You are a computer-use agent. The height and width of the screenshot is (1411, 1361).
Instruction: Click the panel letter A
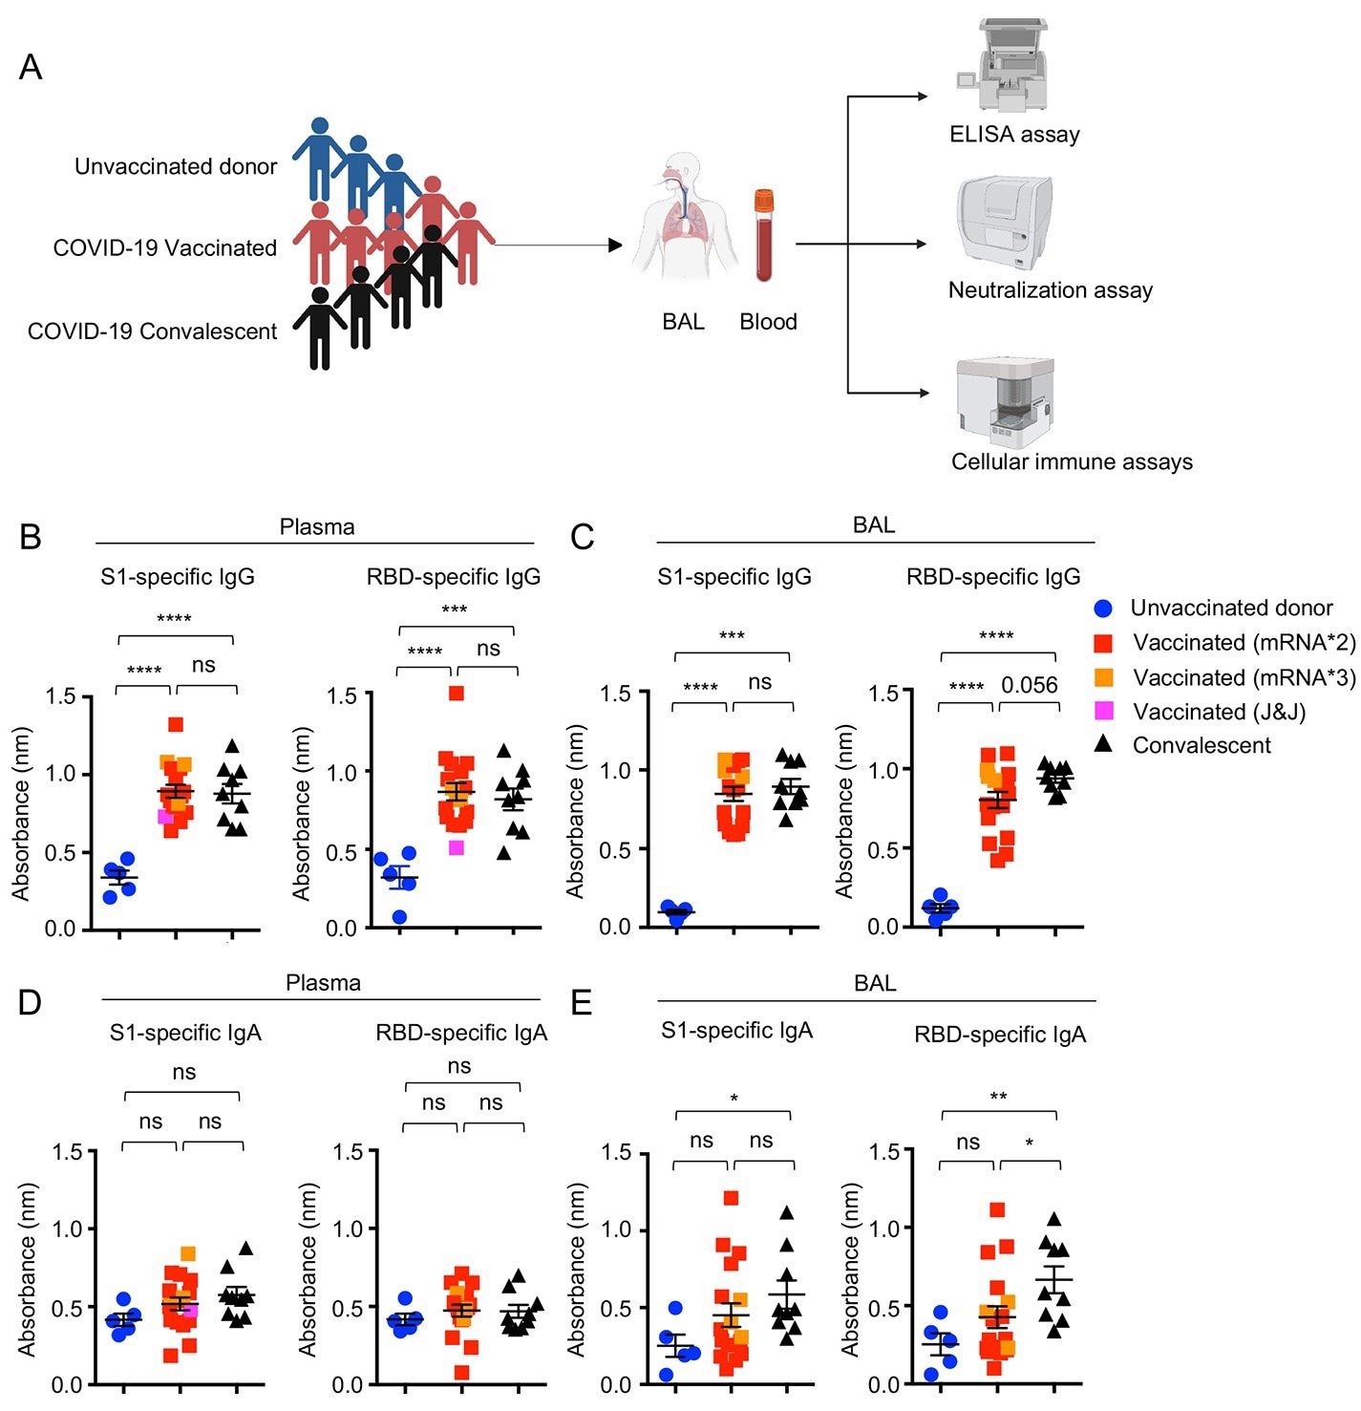point(31,68)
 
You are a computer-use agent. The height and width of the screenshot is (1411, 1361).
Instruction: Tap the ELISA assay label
point(1014,135)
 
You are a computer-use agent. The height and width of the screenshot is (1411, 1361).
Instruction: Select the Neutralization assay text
point(1050,290)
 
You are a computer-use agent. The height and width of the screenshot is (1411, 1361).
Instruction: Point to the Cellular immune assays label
point(1072,462)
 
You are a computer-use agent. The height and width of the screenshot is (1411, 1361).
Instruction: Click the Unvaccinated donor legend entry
point(1230,609)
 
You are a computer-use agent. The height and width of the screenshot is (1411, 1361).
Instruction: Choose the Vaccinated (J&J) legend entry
point(1218,712)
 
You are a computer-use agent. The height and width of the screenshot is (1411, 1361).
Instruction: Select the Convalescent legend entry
point(1201,746)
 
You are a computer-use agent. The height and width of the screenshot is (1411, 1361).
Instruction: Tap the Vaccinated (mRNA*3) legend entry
point(1244,678)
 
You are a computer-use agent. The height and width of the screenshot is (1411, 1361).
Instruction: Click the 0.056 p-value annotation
point(1029,685)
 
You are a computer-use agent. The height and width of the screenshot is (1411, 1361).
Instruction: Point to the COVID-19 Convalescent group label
point(152,332)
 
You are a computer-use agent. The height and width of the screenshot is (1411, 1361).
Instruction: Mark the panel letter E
point(582,1003)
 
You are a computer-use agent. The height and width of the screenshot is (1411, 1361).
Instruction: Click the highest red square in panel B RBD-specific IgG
point(457,694)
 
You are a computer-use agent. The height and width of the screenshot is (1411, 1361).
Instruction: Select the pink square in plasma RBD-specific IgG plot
point(457,847)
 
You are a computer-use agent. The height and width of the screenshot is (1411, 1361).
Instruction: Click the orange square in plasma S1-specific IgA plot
point(188,1253)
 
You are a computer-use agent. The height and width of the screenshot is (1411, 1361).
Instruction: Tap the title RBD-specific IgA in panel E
point(999,1035)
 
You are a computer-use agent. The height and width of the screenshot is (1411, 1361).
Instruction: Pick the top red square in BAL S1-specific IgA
point(732,1198)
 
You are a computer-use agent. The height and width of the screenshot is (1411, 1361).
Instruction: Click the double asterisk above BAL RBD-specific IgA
point(998,1097)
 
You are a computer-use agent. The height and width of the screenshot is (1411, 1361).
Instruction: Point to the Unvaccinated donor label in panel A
point(176,167)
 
